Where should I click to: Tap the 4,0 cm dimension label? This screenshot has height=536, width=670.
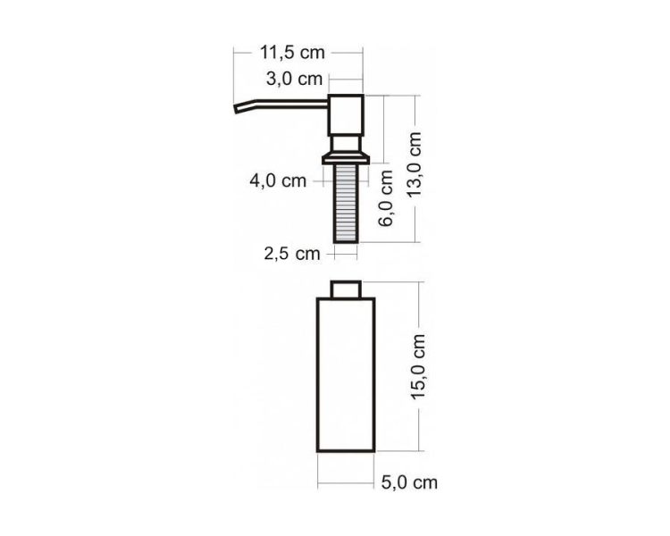click(x=278, y=181)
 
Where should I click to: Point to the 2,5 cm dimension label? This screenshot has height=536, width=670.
click(x=291, y=254)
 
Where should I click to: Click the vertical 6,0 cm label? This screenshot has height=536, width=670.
click(x=386, y=197)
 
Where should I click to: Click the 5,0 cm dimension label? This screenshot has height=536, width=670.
click(x=409, y=483)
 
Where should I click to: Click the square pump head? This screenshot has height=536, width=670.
click(x=347, y=113)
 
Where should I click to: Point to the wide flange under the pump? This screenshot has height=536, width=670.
click(x=347, y=159)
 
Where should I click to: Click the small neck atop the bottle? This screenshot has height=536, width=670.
click(x=347, y=289)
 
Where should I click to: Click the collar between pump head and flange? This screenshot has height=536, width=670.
click(x=347, y=143)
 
